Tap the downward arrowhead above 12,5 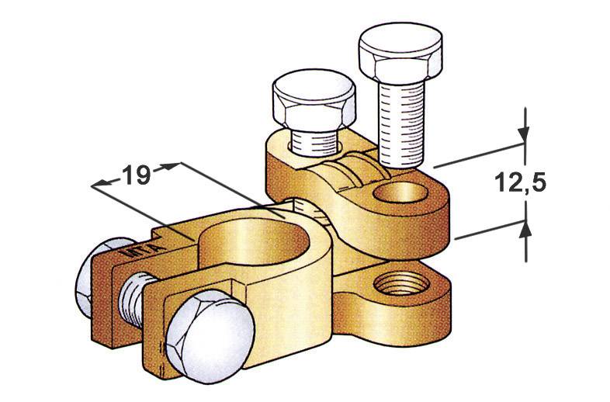525,135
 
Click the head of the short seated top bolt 314,102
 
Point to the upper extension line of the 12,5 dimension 477,154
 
